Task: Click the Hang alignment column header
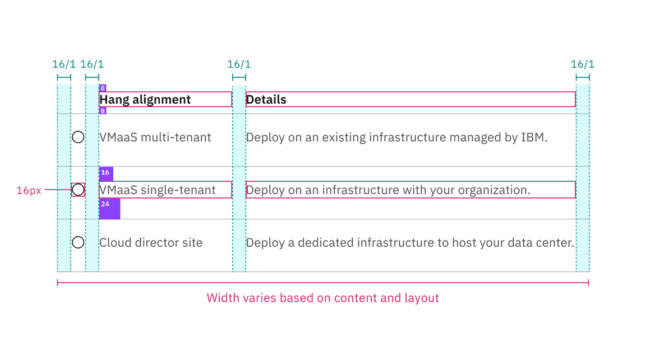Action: (x=145, y=100)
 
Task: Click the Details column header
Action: (x=266, y=100)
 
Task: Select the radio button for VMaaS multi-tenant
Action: (x=78, y=137)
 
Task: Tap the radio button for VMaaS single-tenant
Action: (x=78, y=190)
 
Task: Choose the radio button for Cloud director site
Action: (x=78, y=242)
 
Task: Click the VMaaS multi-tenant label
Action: (x=155, y=137)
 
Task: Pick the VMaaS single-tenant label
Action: (x=158, y=190)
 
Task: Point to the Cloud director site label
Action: (x=151, y=243)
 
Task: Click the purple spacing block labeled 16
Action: (x=106, y=173)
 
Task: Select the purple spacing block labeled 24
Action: (x=109, y=209)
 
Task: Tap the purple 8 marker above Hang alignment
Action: (x=103, y=88)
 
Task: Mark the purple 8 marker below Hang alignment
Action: (x=103, y=111)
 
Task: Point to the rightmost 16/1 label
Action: (x=583, y=64)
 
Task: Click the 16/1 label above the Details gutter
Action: (x=239, y=64)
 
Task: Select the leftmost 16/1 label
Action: (x=64, y=64)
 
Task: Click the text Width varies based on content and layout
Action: (x=323, y=298)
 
